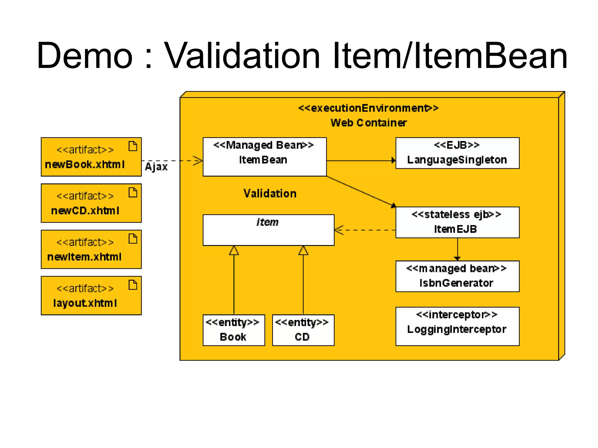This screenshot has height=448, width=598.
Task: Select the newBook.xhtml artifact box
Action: click(x=91, y=157)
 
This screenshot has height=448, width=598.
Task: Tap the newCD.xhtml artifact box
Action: click(x=91, y=203)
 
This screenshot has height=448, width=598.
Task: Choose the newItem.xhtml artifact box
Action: click(x=91, y=249)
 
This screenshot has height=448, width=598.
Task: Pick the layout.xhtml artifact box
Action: click(x=91, y=295)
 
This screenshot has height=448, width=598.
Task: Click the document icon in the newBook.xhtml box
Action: click(x=133, y=146)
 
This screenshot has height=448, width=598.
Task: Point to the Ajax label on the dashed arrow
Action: click(x=156, y=167)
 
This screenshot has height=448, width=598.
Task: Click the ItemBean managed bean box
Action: click(x=264, y=157)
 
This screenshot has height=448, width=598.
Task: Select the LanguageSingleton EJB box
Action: click(x=457, y=153)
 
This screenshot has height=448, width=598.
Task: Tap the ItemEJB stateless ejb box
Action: click(x=457, y=222)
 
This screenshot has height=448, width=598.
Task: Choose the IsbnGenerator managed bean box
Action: click(x=457, y=276)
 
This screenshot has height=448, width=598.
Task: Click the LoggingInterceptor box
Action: click(x=457, y=326)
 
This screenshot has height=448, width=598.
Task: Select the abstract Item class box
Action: click(x=268, y=230)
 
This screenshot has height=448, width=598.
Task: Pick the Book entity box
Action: click(x=234, y=330)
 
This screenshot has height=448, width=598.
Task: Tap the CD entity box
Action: click(x=303, y=330)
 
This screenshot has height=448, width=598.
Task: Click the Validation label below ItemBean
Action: click(x=270, y=194)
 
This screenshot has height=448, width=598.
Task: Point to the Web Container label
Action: click(x=368, y=123)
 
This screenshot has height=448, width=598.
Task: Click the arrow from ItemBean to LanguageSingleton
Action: click(x=361, y=160)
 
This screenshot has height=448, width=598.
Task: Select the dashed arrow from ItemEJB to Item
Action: click(x=365, y=230)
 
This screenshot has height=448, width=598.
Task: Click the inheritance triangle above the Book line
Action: click(x=234, y=251)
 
